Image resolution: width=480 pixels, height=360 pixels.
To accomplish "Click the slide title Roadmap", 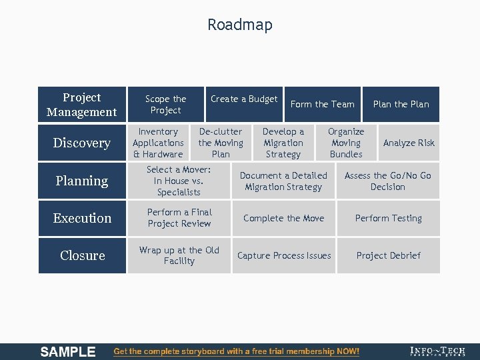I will click(x=239, y=25).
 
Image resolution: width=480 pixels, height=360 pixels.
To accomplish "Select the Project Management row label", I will click(x=81, y=105).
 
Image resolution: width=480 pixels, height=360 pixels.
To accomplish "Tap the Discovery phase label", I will click(x=81, y=143).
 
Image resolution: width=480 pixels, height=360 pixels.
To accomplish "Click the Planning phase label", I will click(x=81, y=181).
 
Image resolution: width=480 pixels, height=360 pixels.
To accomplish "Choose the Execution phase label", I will click(x=81, y=218).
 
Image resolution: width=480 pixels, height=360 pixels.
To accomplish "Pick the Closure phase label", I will click(x=81, y=255).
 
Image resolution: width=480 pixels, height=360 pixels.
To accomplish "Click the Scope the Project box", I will click(x=166, y=104).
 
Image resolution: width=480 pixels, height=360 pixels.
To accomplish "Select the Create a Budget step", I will click(x=244, y=99).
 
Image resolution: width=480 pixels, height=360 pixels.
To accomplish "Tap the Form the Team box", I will click(x=323, y=104).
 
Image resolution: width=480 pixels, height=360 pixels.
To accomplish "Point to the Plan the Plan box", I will click(x=401, y=104).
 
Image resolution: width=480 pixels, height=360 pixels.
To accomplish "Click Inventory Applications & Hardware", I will click(x=158, y=143).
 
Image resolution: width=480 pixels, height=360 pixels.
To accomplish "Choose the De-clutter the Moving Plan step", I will click(x=221, y=143).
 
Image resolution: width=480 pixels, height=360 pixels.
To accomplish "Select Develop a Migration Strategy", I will click(x=283, y=143).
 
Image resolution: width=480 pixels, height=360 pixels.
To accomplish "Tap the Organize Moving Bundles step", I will click(x=346, y=143).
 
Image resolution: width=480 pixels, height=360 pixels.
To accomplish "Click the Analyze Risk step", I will click(x=409, y=143).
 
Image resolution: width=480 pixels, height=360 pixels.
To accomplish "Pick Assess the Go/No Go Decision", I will click(x=387, y=181).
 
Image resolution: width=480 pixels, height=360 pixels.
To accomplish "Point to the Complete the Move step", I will click(x=284, y=218).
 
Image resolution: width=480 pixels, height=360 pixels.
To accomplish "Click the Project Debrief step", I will click(x=388, y=255).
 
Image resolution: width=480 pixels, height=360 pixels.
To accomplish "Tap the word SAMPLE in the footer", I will click(x=68, y=351).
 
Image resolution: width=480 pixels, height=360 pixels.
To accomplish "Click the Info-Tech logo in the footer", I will click(x=438, y=351).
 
